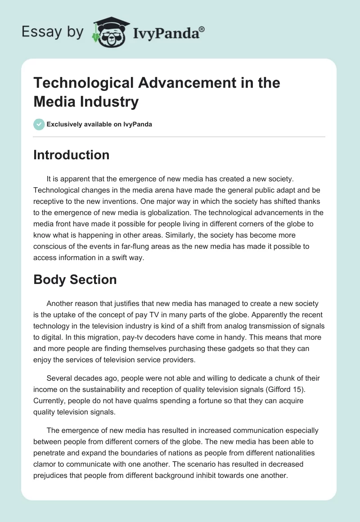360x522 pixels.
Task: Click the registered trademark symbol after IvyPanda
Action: tap(202, 29)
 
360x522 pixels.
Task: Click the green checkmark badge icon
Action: tap(39, 124)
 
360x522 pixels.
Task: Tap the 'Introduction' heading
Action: tap(72, 155)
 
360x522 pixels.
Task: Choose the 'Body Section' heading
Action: tap(75, 279)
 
